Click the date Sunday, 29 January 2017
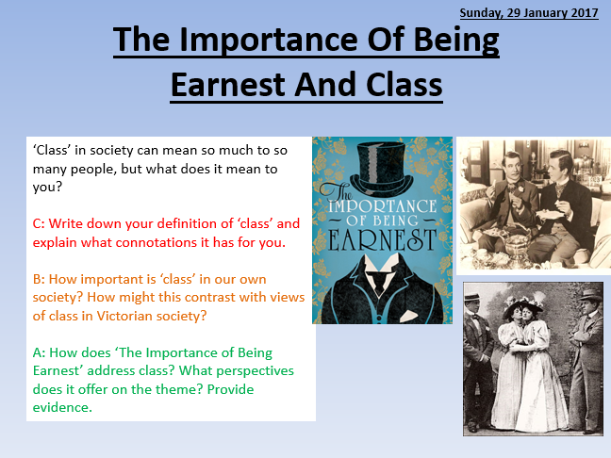529,12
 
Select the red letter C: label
39,223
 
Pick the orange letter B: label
39,279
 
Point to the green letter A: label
39,352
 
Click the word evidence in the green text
62,407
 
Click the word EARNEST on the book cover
382,240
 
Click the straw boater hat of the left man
471,297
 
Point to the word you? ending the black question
47,188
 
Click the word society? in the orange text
58,298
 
